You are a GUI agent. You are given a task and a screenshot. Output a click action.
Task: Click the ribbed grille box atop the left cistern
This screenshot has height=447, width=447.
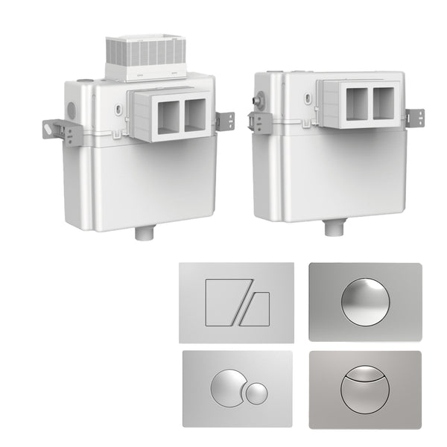coord(144,54)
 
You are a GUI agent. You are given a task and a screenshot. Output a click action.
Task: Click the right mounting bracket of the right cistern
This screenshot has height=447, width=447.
coord(414,117)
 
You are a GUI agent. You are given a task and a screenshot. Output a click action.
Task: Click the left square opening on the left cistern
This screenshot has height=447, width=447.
coord(168,115)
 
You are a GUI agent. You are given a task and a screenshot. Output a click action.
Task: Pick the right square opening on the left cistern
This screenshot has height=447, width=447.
coord(194,115)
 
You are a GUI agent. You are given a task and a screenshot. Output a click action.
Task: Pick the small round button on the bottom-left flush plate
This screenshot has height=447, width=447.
coord(256,393)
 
